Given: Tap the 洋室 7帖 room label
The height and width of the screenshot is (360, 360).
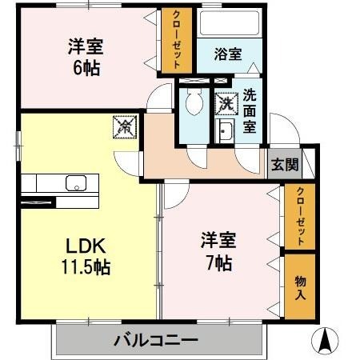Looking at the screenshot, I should click(x=217, y=251).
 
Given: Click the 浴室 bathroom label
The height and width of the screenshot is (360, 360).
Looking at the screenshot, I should click(x=228, y=54).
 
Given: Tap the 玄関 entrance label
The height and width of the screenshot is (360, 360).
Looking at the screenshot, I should click(x=283, y=165).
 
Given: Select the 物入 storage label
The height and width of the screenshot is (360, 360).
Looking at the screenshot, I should click(x=300, y=286).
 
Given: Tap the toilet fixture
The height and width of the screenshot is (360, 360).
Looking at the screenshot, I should click(x=193, y=102).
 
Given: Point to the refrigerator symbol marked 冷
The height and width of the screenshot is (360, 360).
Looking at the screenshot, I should click(x=125, y=126).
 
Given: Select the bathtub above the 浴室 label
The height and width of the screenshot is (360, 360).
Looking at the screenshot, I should click(x=230, y=24).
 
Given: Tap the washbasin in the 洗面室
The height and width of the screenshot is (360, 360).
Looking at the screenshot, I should click(x=225, y=132).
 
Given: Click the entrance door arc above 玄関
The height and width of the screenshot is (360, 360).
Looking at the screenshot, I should click(x=282, y=128).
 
